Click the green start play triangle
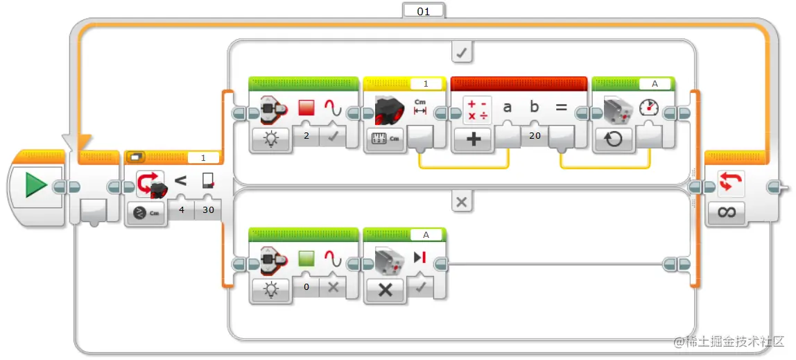(x=35, y=185)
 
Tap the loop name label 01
(x=424, y=10)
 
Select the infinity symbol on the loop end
(x=727, y=213)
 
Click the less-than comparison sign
(x=180, y=180)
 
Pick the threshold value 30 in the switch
(x=208, y=209)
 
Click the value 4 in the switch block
(x=181, y=209)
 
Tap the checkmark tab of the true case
(x=462, y=53)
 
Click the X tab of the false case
(x=462, y=202)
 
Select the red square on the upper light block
(x=306, y=107)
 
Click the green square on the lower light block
(x=306, y=258)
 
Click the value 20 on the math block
(x=535, y=135)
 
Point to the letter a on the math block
(x=507, y=107)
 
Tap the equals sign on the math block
(x=561, y=107)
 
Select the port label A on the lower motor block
(x=426, y=234)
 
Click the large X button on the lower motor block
(x=386, y=290)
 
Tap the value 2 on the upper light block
(x=306, y=136)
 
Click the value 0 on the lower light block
(x=306, y=287)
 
